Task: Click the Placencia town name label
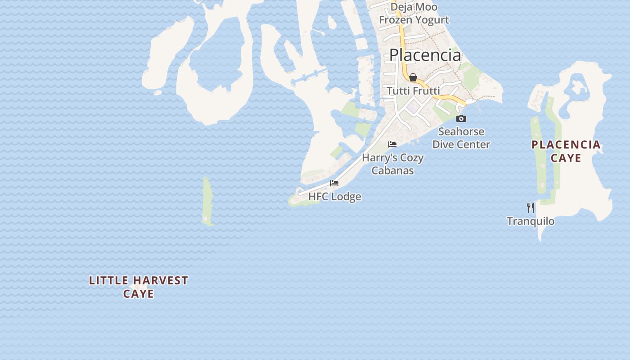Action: coord(425,55)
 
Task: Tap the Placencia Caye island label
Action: coord(566,151)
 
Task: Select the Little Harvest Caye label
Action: coord(139,287)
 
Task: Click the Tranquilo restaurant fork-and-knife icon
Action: coord(531,207)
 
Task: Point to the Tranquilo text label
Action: coord(531,221)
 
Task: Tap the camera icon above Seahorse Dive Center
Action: coord(461,119)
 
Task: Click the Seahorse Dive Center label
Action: coord(461,138)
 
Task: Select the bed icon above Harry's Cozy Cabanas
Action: coord(392,144)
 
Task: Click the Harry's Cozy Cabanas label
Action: coord(393,164)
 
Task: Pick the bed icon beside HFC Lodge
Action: coord(334,183)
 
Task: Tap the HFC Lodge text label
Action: coord(334,197)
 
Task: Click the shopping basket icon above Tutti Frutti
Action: coord(413,78)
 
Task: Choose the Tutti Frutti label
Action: coord(413,91)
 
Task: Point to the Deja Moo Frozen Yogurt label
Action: coord(414,13)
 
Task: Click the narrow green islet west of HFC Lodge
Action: coord(207,200)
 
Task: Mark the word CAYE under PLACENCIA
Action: coord(566,158)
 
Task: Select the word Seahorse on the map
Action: coord(461,131)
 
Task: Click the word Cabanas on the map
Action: coord(393,171)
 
